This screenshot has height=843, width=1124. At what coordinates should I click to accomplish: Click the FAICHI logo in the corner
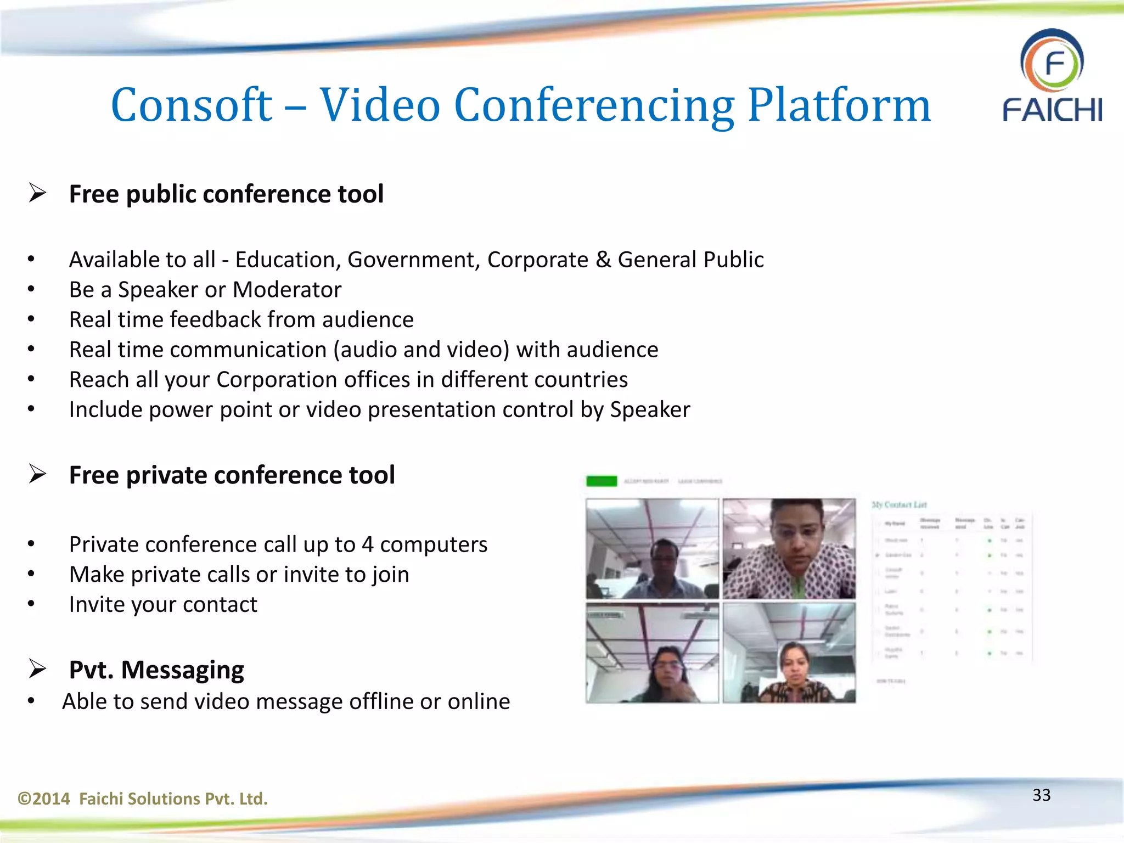coord(1052,75)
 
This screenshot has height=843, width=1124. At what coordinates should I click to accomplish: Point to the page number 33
coord(1041,795)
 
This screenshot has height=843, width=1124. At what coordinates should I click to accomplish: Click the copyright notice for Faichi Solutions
coord(143,799)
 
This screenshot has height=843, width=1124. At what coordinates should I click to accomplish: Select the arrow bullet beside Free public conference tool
coord(37,193)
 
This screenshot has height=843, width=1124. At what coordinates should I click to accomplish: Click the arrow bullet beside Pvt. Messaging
coord(37,668)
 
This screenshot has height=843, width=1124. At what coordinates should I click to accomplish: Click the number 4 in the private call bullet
coord(367,544)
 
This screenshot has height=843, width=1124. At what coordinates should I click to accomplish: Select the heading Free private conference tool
coord(232,475)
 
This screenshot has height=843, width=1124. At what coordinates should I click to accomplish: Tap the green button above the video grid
coord(602,481)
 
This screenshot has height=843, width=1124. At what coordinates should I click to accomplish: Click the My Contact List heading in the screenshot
coord(899,505)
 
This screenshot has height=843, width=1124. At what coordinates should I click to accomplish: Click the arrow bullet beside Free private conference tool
coord(37,474)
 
